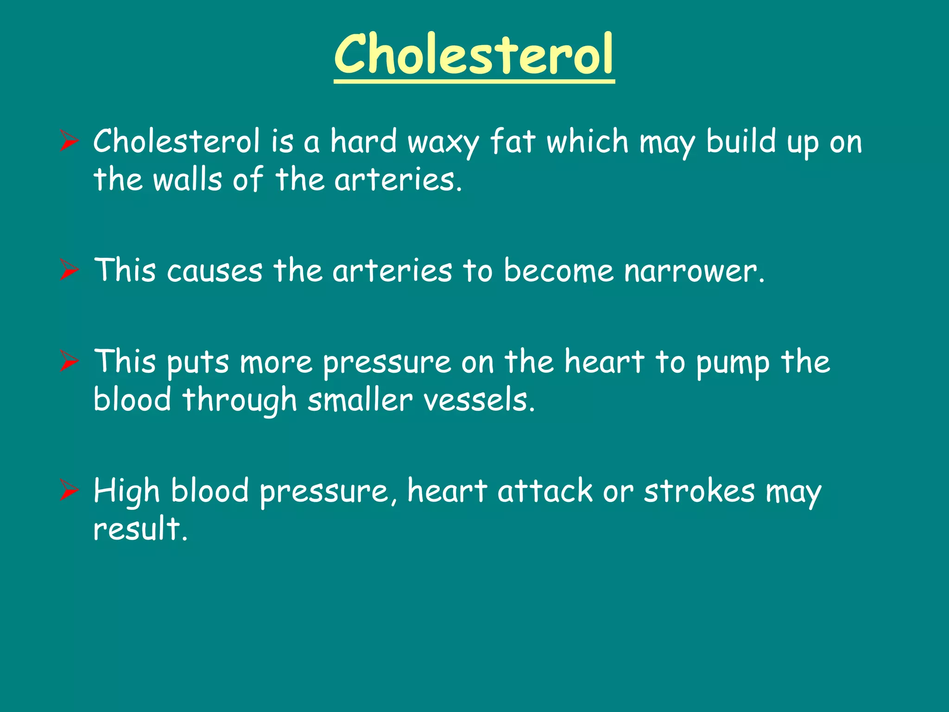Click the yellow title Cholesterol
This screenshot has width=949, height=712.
474,55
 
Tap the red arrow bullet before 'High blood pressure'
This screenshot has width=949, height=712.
70,491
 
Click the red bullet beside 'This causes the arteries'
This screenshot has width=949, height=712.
70,270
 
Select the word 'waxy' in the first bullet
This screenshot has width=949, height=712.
443,142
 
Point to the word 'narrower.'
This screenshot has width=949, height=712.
694,271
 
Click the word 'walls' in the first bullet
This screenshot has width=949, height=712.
188,180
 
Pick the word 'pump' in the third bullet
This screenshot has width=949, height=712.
733,363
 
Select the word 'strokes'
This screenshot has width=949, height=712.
699,491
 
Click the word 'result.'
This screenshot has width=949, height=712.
140,529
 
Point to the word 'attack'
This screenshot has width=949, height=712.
545,491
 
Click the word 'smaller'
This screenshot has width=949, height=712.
360,400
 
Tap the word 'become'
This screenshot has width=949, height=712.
558,271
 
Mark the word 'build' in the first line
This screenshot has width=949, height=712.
740,141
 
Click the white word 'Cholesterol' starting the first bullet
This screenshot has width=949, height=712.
177,141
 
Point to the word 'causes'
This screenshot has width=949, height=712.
215,271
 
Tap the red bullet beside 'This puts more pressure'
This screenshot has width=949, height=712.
70,362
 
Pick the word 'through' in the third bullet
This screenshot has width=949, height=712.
239,401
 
